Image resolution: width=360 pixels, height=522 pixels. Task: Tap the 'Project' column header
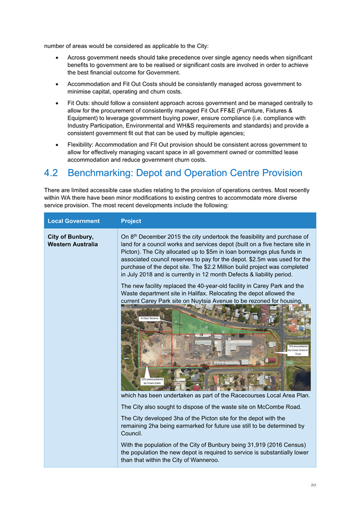coord(131,221)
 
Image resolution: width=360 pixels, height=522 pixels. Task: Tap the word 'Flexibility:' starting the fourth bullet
coord(82,145)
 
